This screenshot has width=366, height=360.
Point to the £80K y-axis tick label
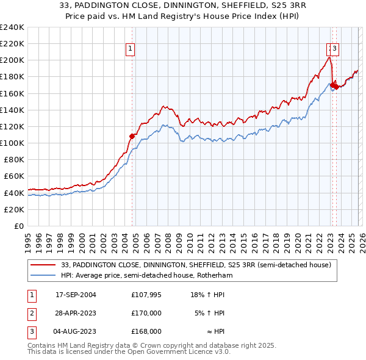click(13, 159)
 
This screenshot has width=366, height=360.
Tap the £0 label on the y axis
click(18, 226)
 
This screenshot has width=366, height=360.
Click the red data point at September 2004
click(132, 136)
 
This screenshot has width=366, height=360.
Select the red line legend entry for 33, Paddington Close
click(196, 265)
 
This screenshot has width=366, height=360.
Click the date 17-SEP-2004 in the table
click(76, 295)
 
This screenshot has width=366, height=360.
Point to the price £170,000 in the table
click(146, 313)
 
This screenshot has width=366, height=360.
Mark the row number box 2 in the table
click(31, 313)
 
